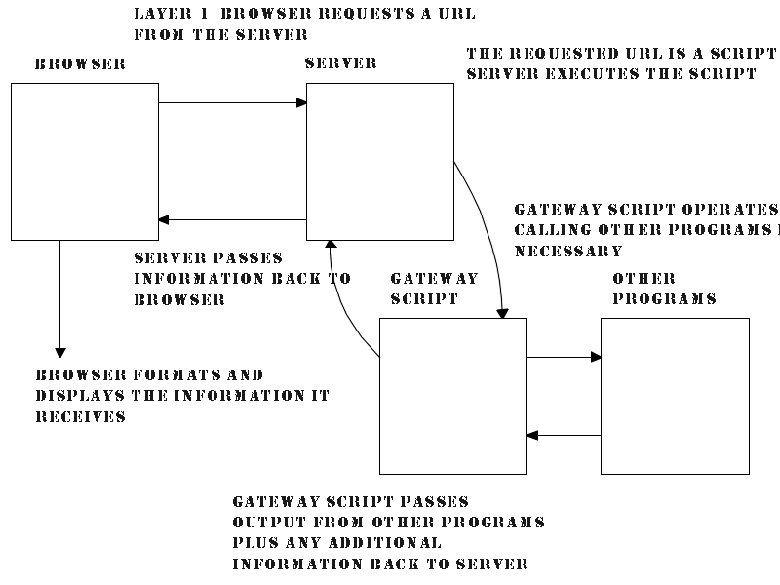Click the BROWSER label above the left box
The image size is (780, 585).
click(x=80, y=64)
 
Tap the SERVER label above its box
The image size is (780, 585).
click(x=340, y=63)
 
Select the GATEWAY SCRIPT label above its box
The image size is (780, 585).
click(x=433, y=289)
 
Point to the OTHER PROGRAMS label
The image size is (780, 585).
click(x=664, y=289)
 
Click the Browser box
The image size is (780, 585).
click(x=85, y=161)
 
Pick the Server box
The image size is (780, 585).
click(x=380, y=161)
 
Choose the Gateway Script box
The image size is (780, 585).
click(x=452, y=395)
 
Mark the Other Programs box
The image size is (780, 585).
click(x=675, y=395)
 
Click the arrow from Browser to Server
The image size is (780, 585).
click(x=232, y=102)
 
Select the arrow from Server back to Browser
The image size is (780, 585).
click(x=232, y=220)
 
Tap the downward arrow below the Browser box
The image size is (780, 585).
click(x=60, y=297)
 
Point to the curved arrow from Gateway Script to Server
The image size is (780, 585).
click(x=343, y=302)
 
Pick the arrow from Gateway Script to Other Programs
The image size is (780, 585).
click(x=564, y=357)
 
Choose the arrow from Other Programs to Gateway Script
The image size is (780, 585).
click(x=564, y=435)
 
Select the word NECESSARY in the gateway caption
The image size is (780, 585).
click(x=568, y=251)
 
